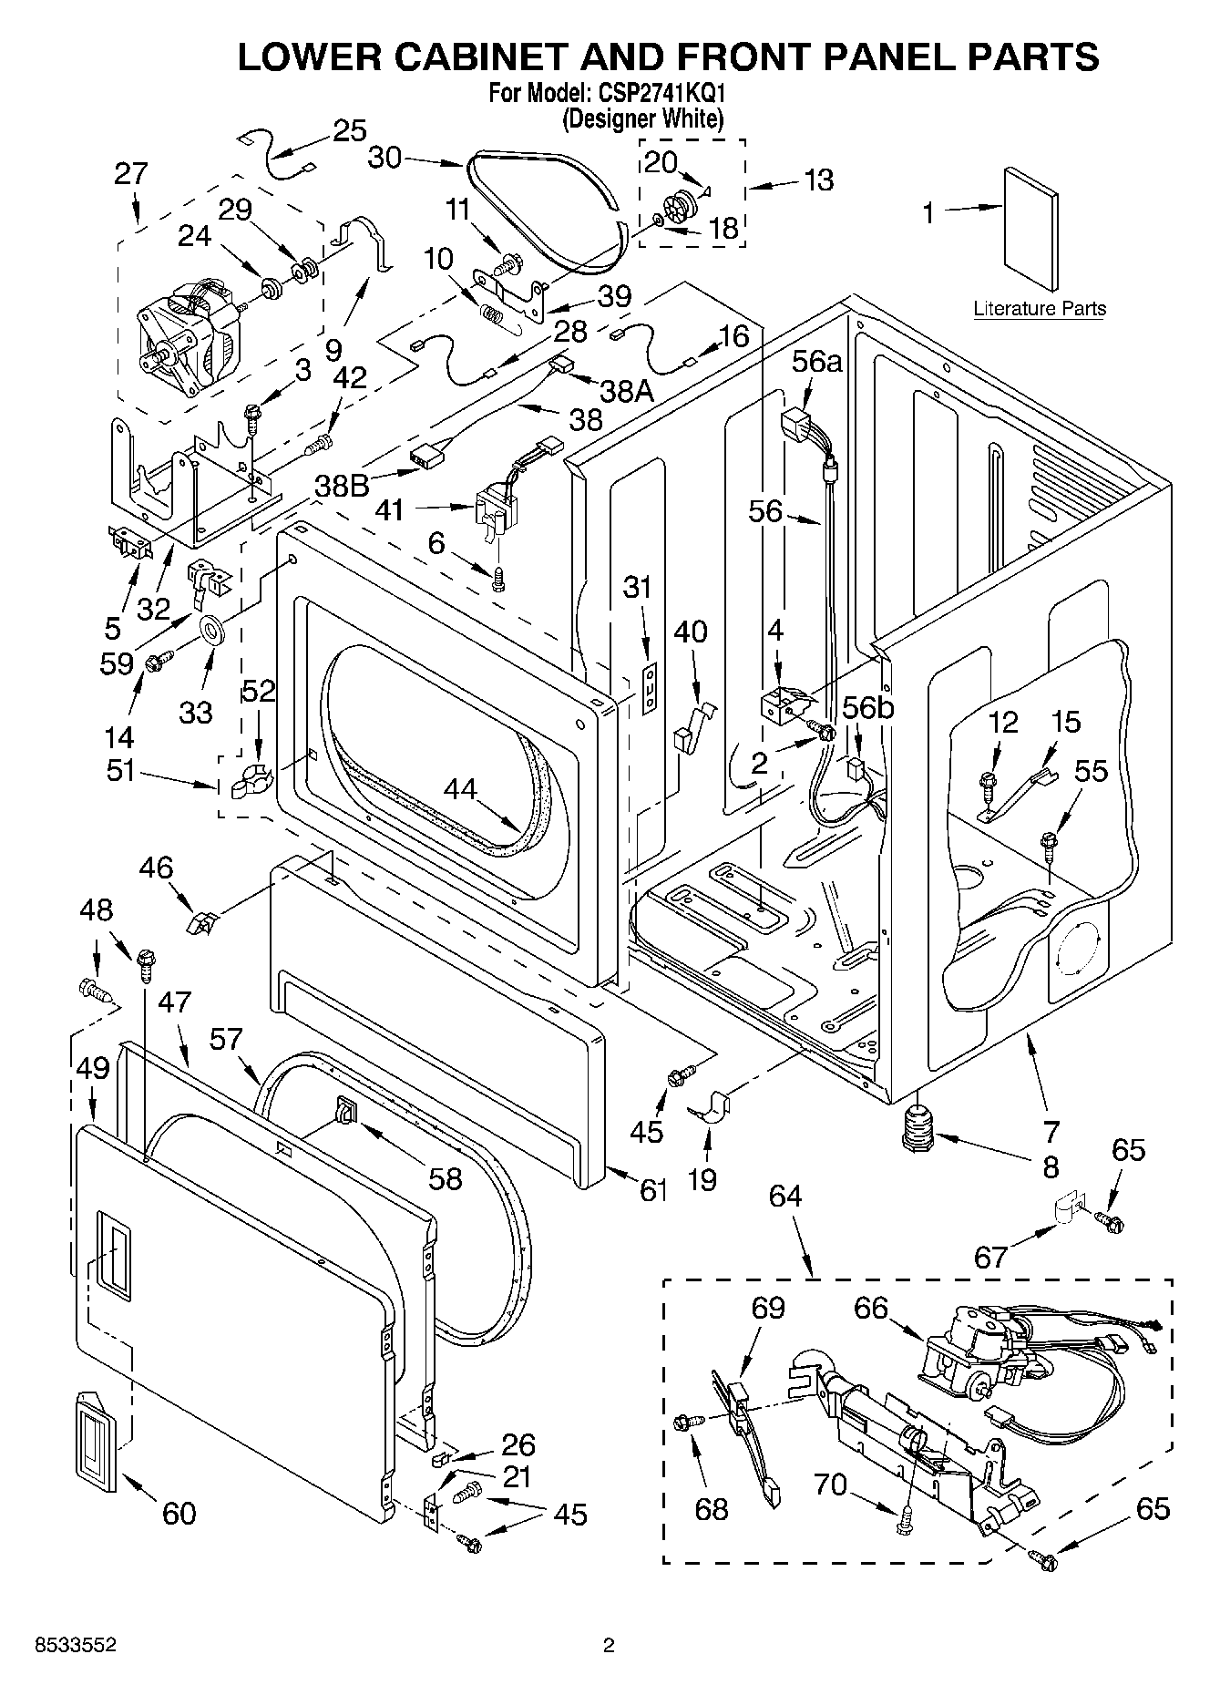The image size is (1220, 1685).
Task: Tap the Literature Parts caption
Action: pos(1040,308)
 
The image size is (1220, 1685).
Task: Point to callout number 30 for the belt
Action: pos(384,158)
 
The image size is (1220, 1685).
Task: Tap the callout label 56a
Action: pos(816,362)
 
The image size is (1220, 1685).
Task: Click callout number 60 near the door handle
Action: pos(179,1513)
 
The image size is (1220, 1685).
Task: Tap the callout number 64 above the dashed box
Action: pos(784,1195)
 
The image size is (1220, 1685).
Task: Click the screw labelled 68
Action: pos(686,1421)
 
